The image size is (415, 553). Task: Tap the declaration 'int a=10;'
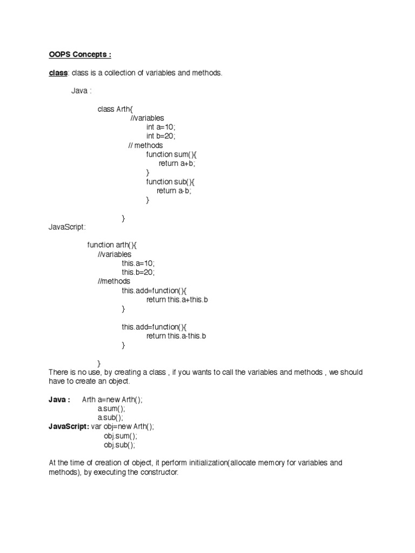click(x=161, y=127)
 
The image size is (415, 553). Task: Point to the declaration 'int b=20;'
click(x=161, y=136)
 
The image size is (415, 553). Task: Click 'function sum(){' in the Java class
click(x=171, y=154)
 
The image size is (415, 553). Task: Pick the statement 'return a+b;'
click(x=177, y=164)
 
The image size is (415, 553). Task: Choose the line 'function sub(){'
click(x=171, y=181)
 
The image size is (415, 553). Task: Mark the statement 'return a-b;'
click(x=175, y=191)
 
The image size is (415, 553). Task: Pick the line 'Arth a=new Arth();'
click(x=112, y=400)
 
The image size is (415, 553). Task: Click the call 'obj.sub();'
click(x=119, y=445)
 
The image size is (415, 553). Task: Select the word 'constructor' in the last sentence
click(x=159, y=473)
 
